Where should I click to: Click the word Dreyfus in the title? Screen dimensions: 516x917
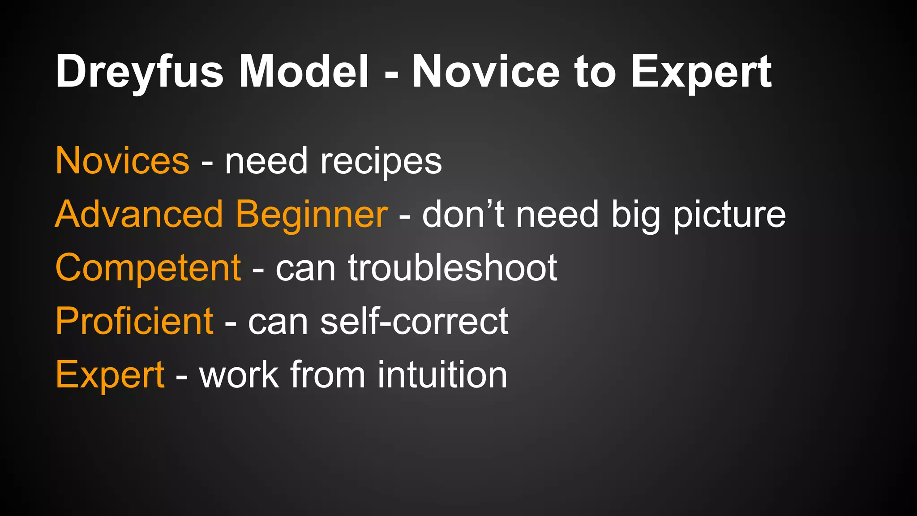(x=139, y=72)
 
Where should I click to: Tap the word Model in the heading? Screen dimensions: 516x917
(x=304, y=72)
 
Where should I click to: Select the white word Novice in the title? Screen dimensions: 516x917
(x=486, y=72)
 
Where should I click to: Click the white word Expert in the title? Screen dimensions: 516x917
(x=701, y=72)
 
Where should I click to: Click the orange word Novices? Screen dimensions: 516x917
(x=122, y=161)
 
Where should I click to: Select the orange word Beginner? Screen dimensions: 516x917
(x=312, y=215)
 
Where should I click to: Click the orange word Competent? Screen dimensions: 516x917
(x=148, y=268)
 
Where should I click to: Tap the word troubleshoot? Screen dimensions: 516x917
(x=453, y=268)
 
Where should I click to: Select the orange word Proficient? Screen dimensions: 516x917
(x=134, y=321)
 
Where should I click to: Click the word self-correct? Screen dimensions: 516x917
(x=414, y=321)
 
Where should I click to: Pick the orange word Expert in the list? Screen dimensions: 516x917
(x=110, y=375)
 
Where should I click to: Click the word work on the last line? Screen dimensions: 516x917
(x=239, y=374)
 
